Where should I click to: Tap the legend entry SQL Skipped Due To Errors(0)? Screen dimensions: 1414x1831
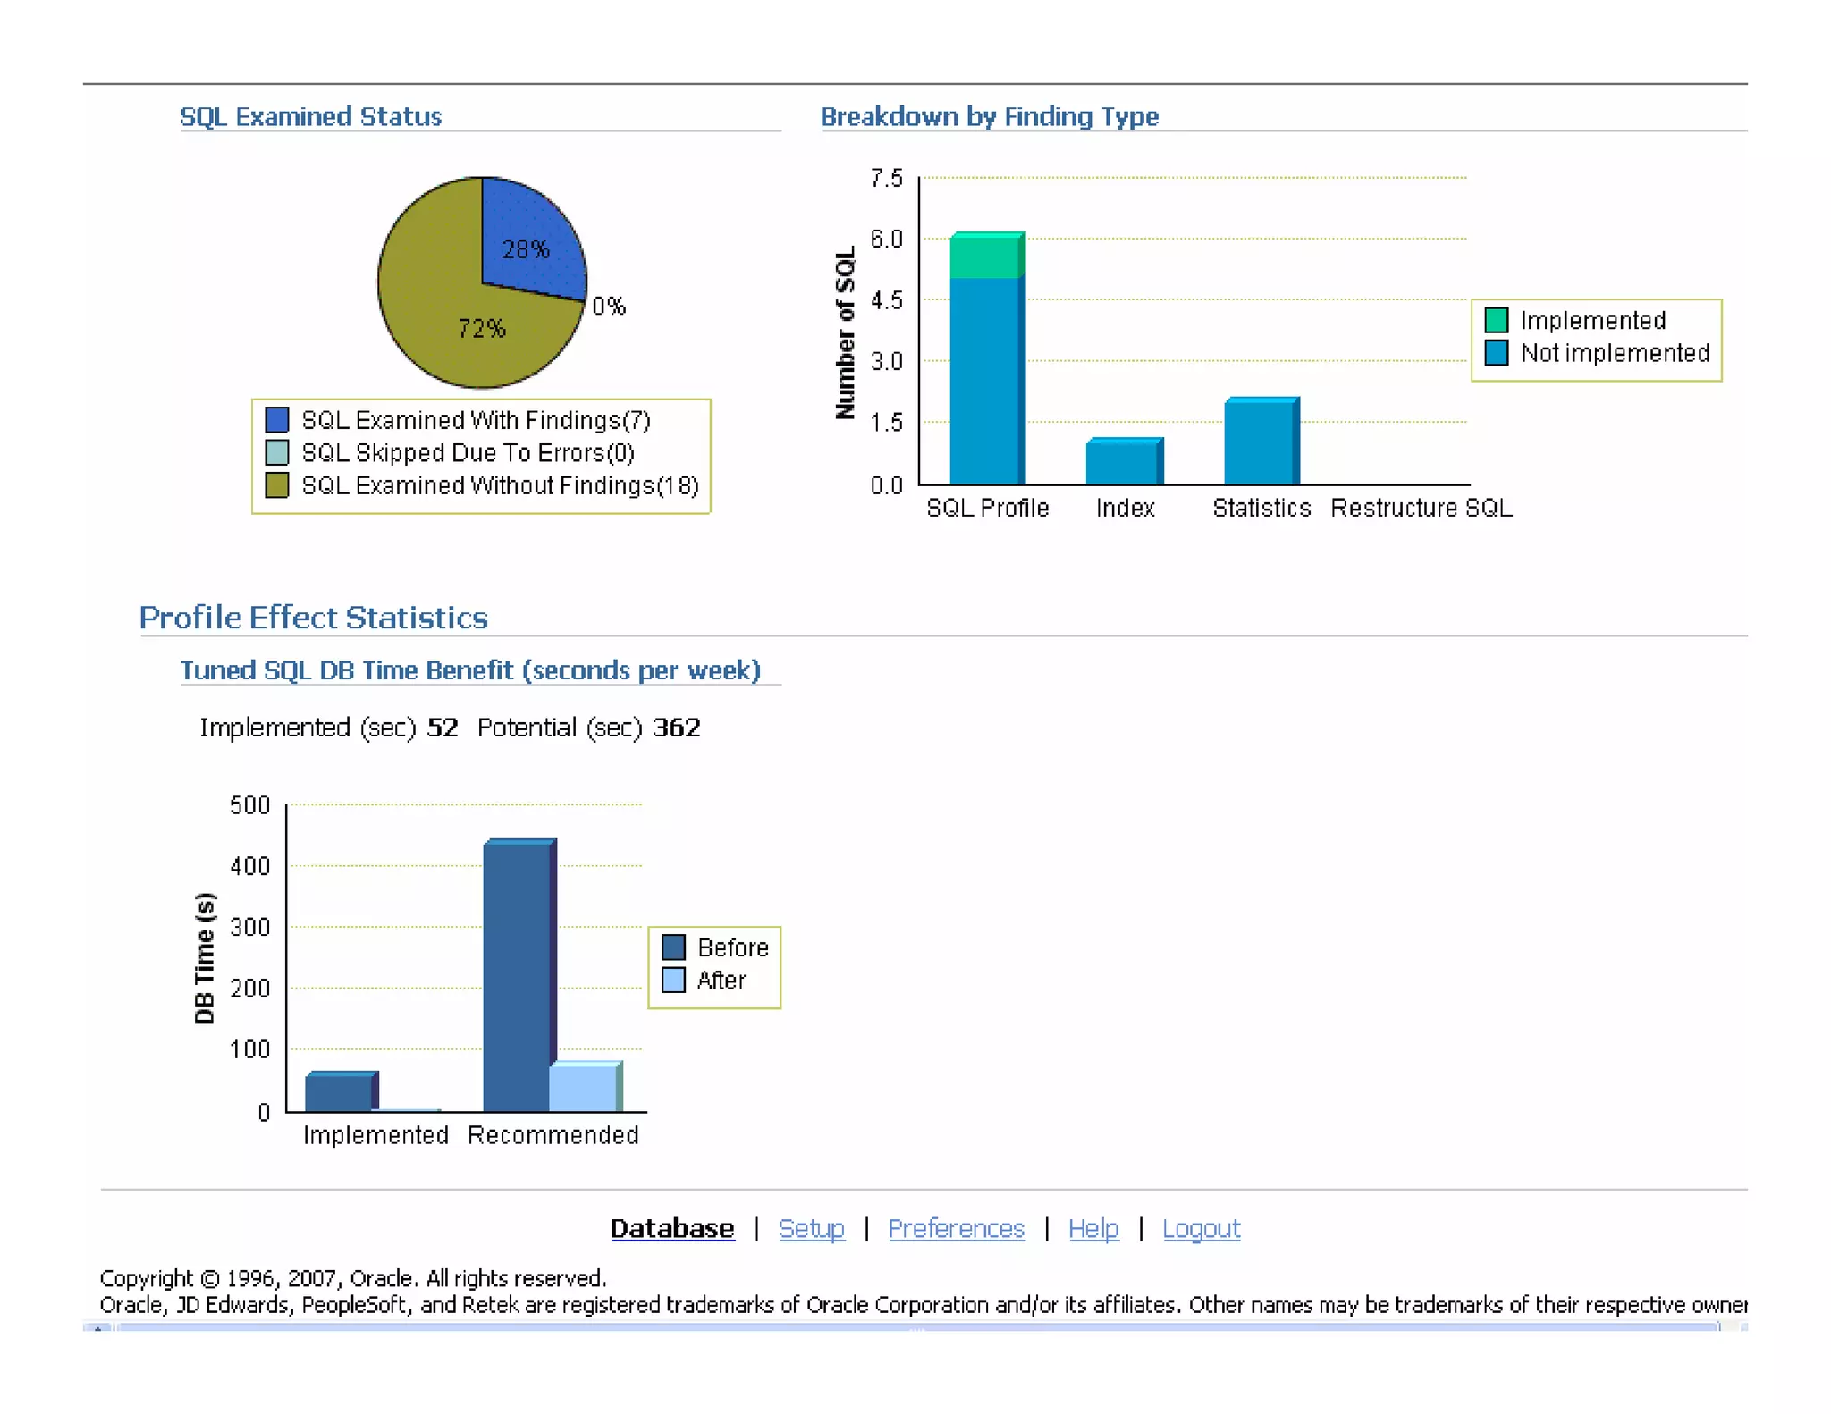467,453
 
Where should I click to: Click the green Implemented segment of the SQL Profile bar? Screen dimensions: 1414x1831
985,257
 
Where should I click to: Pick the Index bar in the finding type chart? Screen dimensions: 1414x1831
1123,462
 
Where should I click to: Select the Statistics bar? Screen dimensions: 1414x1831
1260,442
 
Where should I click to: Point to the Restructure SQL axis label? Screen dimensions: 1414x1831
1421,508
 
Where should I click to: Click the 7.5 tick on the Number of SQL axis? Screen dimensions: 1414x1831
886,179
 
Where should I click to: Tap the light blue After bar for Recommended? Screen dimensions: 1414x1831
583,1088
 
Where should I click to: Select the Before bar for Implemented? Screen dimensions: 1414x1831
339,1092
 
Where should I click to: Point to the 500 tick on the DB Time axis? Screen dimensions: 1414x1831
249,805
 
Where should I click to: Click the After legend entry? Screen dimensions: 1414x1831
706,981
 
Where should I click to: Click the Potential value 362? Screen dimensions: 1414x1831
676,728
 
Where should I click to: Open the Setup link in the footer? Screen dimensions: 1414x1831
811,1229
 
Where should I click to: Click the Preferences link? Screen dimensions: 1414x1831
956,1229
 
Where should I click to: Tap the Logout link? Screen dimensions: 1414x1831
1201,1229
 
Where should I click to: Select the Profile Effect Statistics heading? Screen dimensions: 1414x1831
313,618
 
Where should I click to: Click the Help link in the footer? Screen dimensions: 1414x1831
1093,1229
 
